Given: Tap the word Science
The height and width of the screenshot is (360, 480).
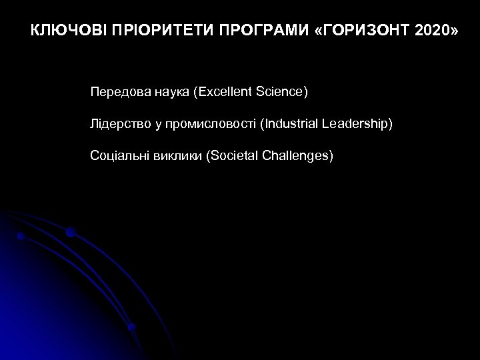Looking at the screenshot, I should [x=281, y=91].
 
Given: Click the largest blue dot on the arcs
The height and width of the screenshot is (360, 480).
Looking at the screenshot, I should [x=70, y=232].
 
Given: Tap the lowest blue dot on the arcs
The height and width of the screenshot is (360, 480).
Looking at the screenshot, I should [x=132, y=327].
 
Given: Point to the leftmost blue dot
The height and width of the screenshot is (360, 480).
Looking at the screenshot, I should [x=21, y=236].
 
